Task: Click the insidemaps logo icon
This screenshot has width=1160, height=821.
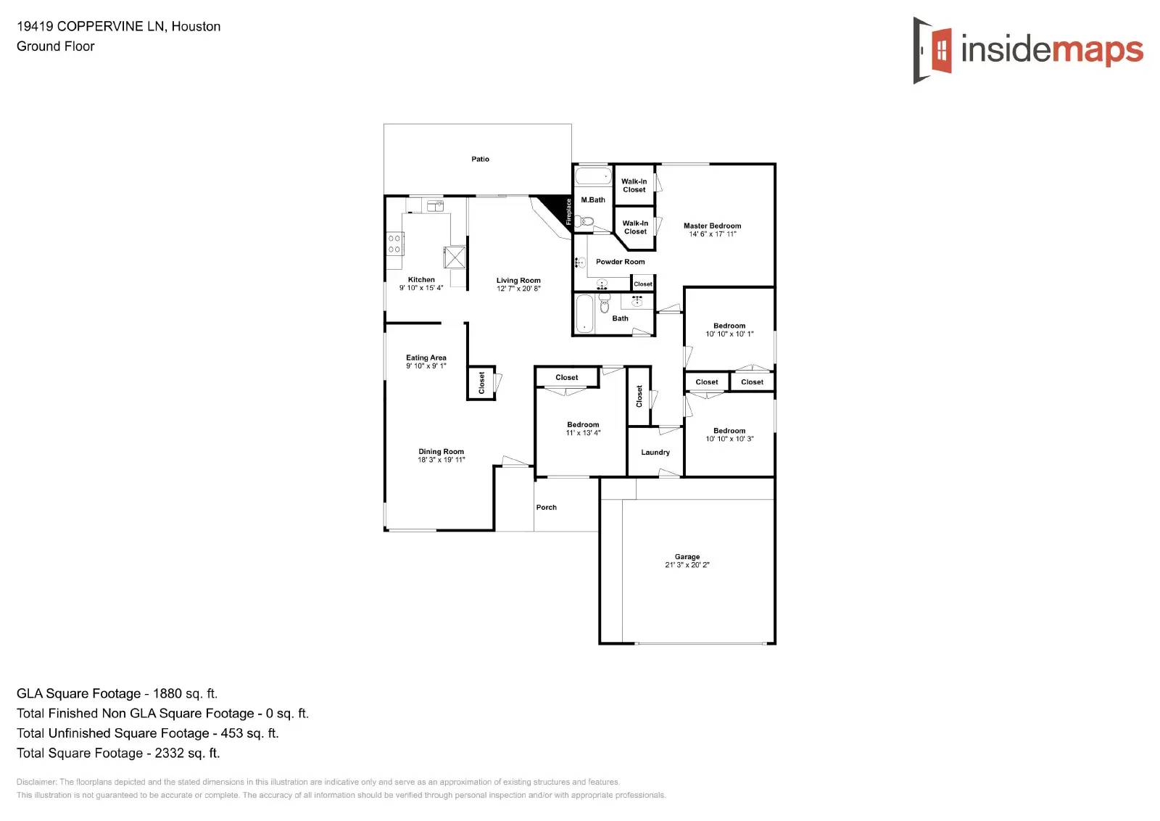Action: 933,50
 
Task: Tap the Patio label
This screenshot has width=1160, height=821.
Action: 480,159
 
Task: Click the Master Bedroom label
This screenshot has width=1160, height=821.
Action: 712,226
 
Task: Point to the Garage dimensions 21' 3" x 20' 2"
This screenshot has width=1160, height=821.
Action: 687,565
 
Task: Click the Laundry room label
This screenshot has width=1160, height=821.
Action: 655,453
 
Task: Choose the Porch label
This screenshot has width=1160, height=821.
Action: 546,508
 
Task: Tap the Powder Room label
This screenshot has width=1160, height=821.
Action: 620,262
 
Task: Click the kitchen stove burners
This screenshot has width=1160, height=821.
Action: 394,244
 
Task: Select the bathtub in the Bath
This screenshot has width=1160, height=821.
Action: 584,314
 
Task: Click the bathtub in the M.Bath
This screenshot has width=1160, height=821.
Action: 594,176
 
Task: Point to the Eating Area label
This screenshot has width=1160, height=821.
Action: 426,358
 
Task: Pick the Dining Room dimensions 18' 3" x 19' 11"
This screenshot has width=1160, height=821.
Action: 441,460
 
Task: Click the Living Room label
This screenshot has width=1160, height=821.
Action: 518,281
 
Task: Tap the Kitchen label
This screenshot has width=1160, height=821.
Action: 421,280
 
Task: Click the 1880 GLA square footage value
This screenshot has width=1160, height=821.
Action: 167,694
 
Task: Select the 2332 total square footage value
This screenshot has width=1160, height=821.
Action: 169,754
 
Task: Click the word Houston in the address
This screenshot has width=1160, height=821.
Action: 196,27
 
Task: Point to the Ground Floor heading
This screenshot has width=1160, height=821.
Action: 56,46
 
